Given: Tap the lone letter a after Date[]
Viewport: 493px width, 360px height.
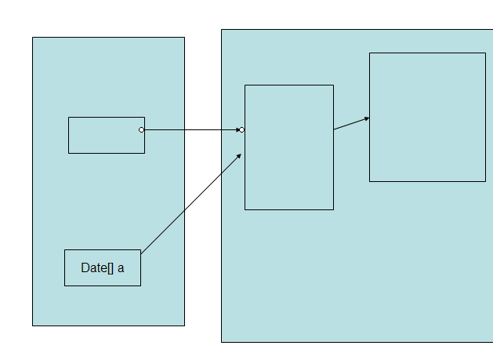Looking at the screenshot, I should (x=121, y=268).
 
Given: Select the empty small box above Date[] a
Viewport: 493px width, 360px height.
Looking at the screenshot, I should (x=106, y=135).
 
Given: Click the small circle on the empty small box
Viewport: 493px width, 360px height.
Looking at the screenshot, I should (x=142, y=129).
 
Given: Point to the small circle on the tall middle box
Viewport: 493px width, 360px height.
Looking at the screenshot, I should (x=242, y=130).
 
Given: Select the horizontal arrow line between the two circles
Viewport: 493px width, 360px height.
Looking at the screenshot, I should (x=192, y=129).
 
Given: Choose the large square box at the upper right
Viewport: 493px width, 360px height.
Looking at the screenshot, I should (x=427, y=117).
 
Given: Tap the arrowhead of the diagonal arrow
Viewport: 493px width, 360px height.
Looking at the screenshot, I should (x=239, y=155).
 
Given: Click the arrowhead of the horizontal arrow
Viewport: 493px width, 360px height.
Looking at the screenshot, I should (x=237, y=129).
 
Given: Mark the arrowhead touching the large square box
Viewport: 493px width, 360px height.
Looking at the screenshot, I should (x=366, y=118).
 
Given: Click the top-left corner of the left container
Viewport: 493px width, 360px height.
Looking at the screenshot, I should (x=32, y=38).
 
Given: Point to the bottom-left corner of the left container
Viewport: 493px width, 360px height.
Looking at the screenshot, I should (x=32, y=325).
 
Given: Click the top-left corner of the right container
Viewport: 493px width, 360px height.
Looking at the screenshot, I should (x=221, y=30).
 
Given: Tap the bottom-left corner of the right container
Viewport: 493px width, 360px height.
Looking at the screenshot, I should (x=221, y=342).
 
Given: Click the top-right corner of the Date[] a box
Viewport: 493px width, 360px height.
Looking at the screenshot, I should (x=140, y=250).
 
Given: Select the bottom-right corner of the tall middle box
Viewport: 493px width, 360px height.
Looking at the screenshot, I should (x=333, y=209).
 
